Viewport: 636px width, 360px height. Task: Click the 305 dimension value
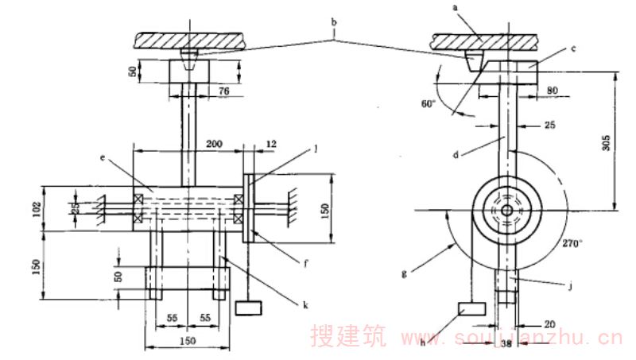607,143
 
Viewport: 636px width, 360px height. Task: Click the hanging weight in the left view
249,307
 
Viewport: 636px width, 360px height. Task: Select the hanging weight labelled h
471,309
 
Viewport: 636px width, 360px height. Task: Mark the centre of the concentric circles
507,210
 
